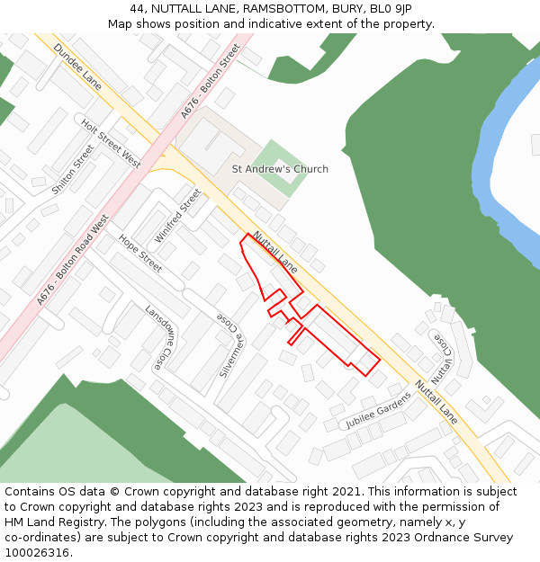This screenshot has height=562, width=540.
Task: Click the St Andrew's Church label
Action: (x=280, y=169)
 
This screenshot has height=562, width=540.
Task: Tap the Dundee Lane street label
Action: (x=77, y=66)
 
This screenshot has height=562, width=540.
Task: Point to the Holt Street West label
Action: (x=111, y=144)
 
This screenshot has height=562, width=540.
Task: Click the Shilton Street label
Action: (x=73, y=169)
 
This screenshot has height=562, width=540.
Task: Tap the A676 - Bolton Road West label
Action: (x=73, y=260)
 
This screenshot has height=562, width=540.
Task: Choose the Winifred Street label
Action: (x=177, y=215)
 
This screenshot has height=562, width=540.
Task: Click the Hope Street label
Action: (x=140, y=254)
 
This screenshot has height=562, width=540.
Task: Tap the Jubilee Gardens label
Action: (x=378, y=409)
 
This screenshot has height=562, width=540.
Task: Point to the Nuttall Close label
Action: (x=441, y=357)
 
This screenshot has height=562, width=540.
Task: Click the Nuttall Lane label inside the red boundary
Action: (x=274, y=253)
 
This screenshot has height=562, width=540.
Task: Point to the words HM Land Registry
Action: (x=45, y=522)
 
